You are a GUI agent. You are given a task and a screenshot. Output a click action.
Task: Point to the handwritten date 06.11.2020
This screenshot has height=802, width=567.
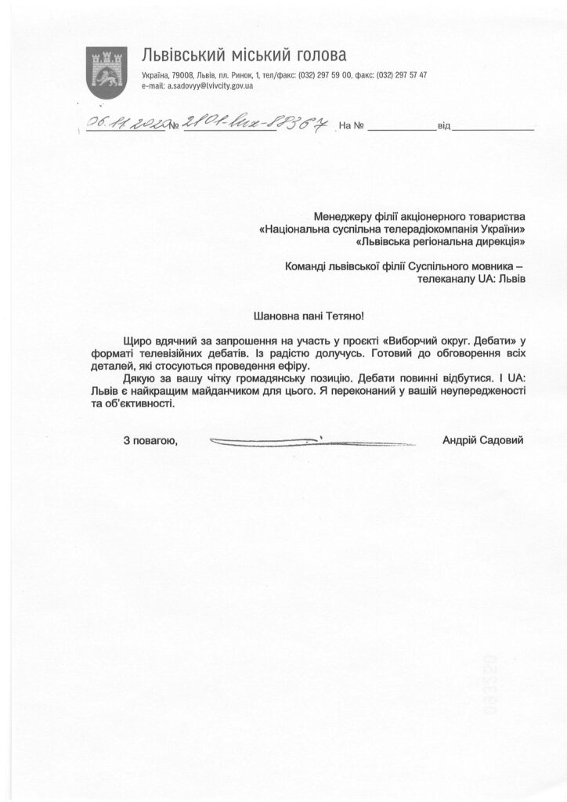126,122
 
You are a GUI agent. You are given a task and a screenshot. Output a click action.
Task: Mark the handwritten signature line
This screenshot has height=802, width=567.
267,443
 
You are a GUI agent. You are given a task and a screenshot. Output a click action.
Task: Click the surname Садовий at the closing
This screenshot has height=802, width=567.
502,441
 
